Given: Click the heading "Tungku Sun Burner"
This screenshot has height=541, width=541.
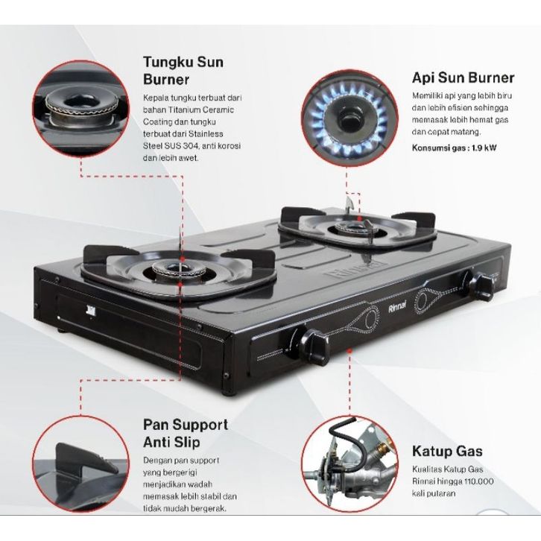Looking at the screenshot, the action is point(183,71).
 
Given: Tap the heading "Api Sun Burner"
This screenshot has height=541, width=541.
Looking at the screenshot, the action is point(463,77).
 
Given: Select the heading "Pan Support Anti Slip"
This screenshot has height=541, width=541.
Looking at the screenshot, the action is point(186,433).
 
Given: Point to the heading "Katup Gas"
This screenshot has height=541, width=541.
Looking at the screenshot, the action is point(447,451).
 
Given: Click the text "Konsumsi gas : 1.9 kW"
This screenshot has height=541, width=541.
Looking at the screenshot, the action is point(454,148).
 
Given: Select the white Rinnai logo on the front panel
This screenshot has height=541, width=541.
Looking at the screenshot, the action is point(397,308).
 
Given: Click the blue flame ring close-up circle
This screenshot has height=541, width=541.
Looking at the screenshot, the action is point(349,118).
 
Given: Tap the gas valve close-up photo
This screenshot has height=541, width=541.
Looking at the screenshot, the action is point(349,464).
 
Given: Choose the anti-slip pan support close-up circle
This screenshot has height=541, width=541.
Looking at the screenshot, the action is point(80,464).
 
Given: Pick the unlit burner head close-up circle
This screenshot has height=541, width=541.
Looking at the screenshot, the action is point(80,108).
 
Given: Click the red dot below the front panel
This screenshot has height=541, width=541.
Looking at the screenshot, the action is point(349,349).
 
